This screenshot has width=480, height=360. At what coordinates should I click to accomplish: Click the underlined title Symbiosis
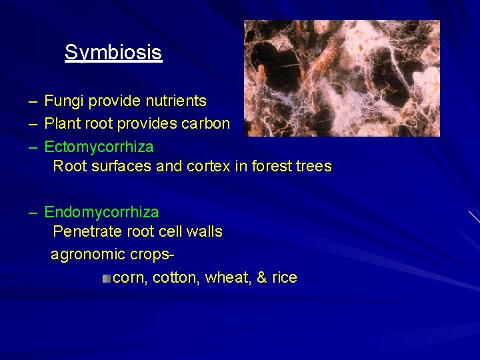(113, 52)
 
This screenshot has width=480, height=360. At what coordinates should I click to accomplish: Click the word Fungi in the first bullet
(61, 101)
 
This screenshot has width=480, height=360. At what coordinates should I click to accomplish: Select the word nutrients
(176, 101)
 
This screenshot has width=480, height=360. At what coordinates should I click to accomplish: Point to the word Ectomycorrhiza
(99, 146)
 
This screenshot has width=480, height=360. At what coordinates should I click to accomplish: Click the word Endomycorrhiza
(101, 212)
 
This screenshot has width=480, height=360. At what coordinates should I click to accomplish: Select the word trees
(315, 166)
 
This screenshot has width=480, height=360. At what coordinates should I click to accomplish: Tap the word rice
(284, 277)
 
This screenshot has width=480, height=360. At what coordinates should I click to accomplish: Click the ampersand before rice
(261, 277)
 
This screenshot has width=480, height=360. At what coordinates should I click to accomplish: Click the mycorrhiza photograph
(341, 78)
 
